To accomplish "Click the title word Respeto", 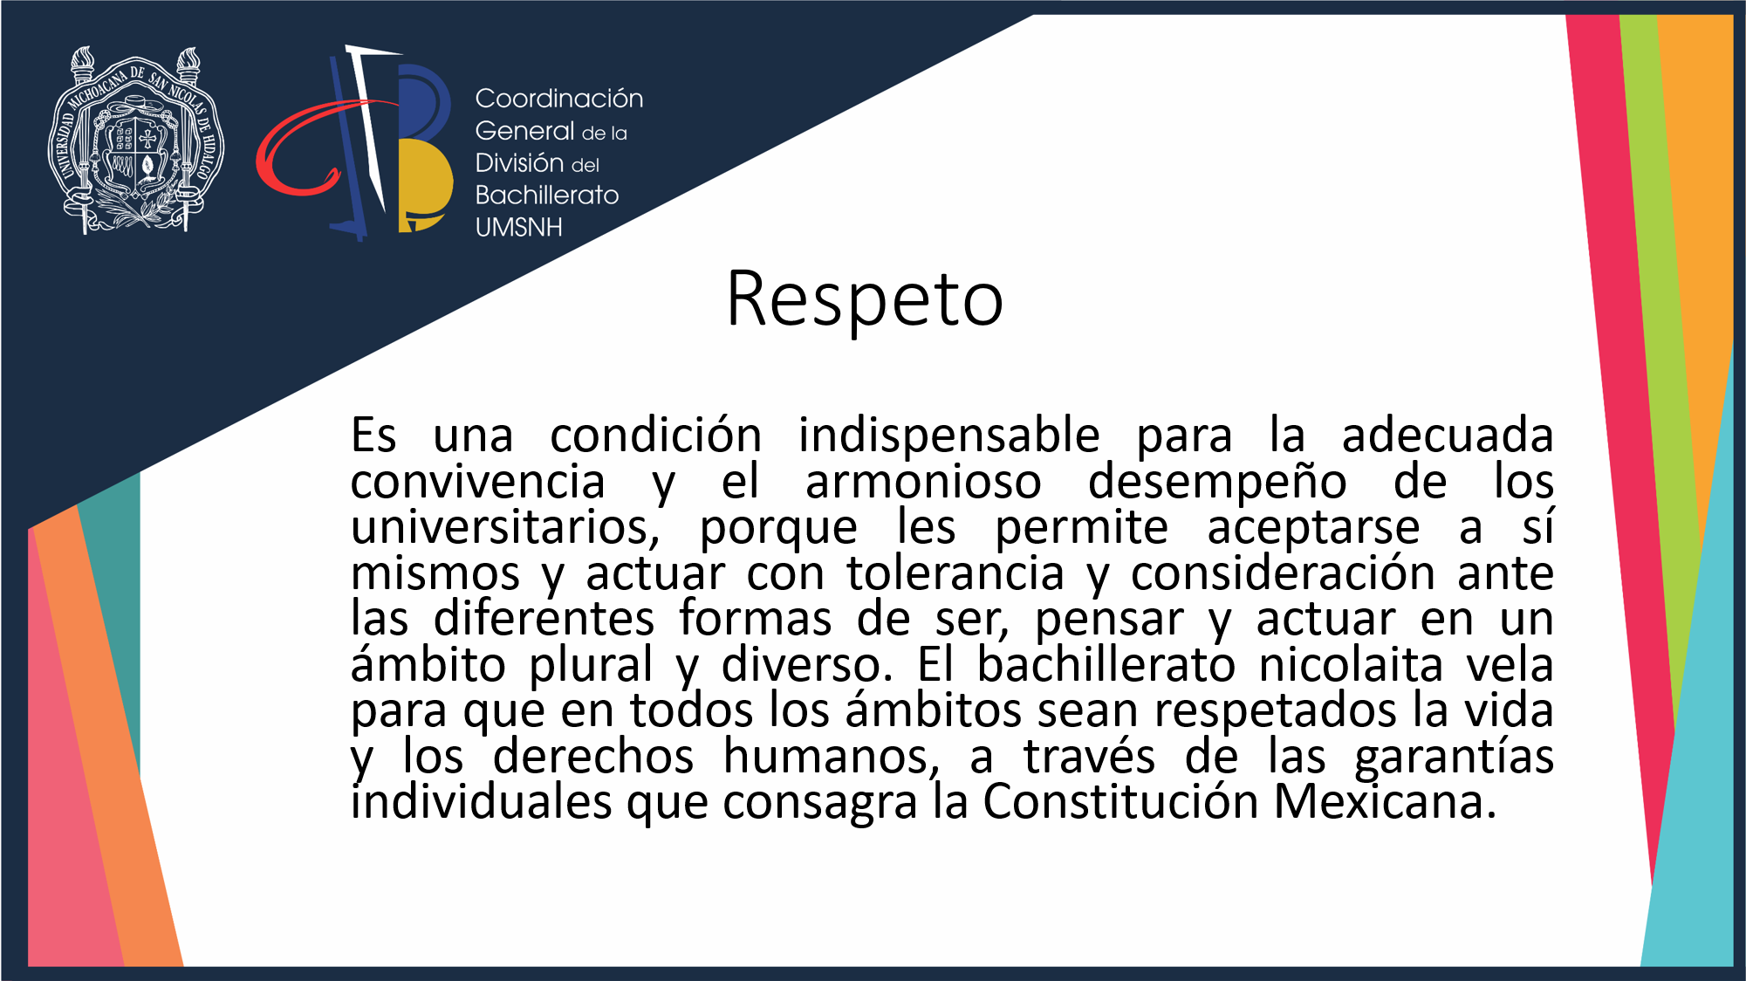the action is tap(865, 300).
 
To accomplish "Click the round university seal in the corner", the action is tap(135, 141).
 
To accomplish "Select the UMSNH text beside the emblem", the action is tap(518, 227).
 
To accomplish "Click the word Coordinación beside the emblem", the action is tap(559, 99).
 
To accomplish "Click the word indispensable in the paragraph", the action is tap(948, 435).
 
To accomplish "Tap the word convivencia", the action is tap(477, 482).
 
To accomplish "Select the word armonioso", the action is tap(923, 483).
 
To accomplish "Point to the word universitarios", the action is tap(505, 528).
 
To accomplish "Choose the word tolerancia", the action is tap(955, 573).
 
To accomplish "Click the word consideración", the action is tap(1283, 573).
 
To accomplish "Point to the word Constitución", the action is tap(1120, 801).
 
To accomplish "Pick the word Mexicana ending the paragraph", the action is tap(1384, 801).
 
